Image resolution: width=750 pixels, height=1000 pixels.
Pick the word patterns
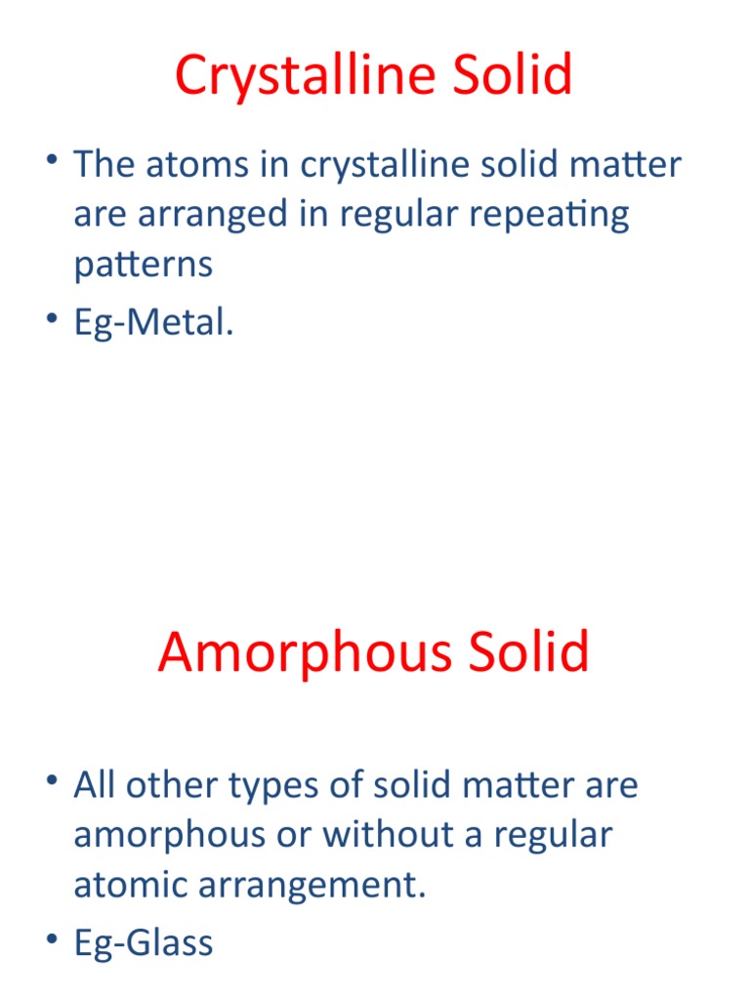point(143,266)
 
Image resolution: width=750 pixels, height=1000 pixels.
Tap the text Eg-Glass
point(143,942)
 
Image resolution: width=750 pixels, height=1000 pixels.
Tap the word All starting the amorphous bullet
point(95,785)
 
